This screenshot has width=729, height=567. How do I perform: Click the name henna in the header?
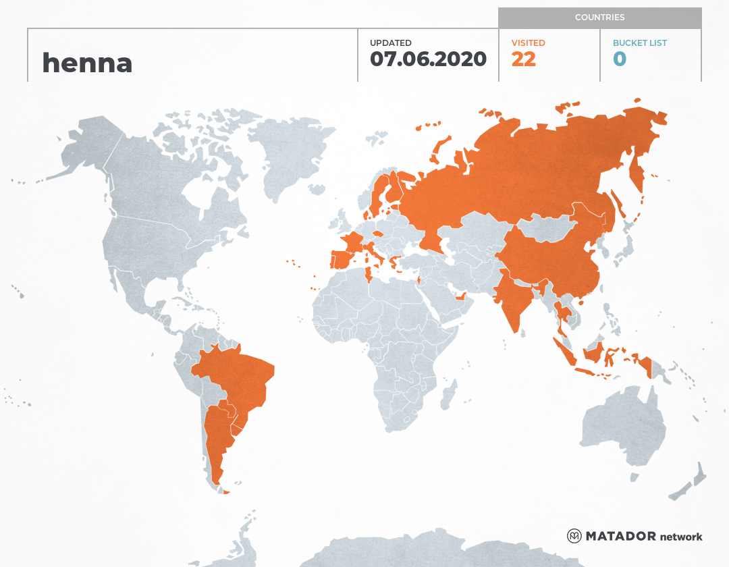point(87,63)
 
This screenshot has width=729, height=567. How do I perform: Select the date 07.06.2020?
point(428,59)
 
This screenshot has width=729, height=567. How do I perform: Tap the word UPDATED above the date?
point(390,43)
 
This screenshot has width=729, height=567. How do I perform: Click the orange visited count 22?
point(523,59)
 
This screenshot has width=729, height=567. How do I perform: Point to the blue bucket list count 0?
point(619,59)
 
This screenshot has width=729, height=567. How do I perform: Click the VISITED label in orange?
point(528,43)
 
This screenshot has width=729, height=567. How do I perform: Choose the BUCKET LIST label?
point(639,43)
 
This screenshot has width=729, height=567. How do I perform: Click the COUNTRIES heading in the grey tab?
point(599,18)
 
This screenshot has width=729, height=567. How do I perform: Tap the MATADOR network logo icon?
point(574,536)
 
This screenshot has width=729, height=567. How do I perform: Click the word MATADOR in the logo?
point(621,536)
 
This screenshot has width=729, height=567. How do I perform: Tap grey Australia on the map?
point(621,425)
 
